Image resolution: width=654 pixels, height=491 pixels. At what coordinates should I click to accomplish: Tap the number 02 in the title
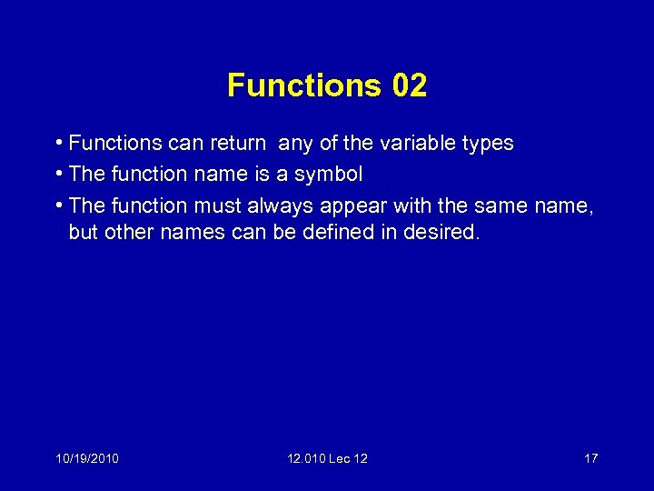(410, 85)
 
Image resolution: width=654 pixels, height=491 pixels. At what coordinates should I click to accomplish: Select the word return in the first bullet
(238, 144)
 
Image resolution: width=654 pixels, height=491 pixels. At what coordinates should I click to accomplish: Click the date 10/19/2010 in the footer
(86, 458)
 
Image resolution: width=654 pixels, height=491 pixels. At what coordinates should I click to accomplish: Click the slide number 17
(590, 458)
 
